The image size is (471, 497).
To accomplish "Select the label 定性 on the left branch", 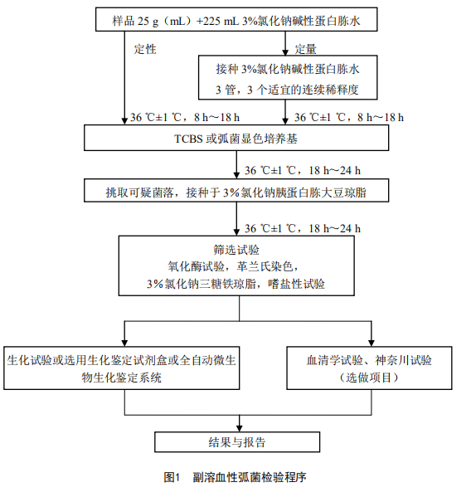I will click(x=145, y=48).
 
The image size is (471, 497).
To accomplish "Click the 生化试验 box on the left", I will click(x=124, y=368).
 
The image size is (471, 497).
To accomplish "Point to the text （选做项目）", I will click(x=370, y=378).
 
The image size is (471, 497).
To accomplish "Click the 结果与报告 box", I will click(x=237, y=441).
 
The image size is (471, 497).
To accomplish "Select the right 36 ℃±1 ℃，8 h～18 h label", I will click(x=348, y=116).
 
